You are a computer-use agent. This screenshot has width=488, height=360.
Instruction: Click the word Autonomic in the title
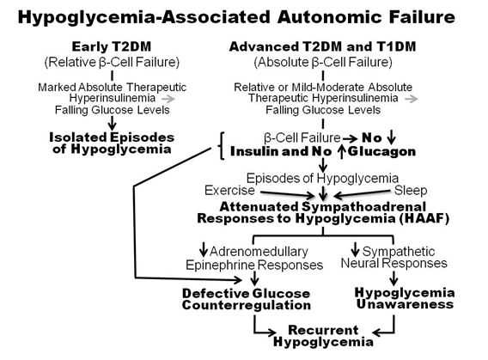[329, 17]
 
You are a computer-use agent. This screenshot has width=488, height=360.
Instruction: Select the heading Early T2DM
[112, 46]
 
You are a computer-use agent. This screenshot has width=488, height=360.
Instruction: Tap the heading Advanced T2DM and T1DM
[322, 46]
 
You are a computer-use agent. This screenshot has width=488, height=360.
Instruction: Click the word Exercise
[229, 191]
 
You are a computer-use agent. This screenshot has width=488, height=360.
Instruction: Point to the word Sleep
[411, 191]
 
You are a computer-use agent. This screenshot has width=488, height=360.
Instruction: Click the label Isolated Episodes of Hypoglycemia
[112, 143]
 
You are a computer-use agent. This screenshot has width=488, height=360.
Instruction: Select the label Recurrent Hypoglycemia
[323, 336]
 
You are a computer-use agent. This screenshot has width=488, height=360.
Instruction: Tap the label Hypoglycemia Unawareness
[405, 298]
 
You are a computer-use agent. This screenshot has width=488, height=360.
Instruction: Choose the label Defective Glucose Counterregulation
[247, 299]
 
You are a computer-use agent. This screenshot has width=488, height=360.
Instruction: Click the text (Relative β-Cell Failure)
[112, 62]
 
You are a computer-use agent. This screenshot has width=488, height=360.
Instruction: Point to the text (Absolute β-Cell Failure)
[323, 62]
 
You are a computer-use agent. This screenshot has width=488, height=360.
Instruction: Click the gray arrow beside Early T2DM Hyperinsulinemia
[168, 99]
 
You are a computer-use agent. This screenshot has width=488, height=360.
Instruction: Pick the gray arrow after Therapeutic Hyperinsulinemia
[412, 99]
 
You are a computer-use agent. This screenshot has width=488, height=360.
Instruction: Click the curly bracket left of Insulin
[221, 145]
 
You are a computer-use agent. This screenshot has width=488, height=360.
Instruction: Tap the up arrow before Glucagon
[342, 151]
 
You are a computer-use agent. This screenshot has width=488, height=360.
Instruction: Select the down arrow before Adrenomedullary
[204, 249]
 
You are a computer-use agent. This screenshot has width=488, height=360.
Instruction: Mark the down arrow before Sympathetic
[355, 249]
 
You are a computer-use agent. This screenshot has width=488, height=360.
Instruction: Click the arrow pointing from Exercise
[288, 194]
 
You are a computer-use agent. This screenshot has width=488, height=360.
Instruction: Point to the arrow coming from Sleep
[362, 193]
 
